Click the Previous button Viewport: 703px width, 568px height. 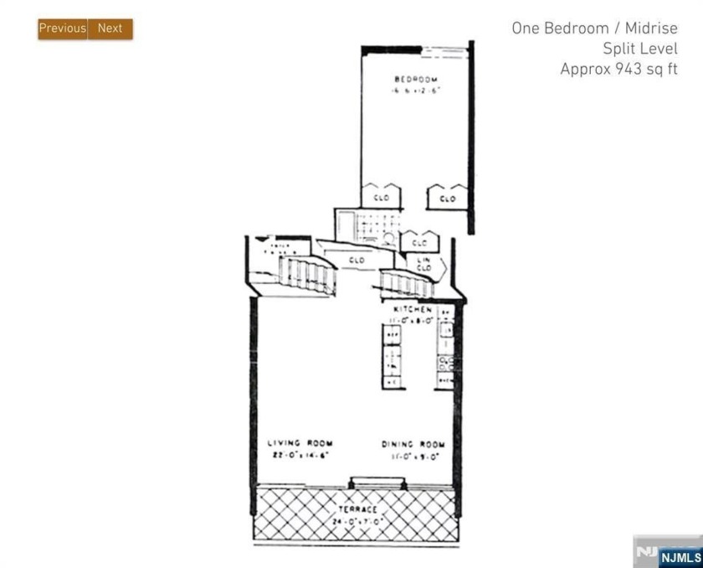[x=62, y=28]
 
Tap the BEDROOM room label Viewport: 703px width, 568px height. [x=412, y=80]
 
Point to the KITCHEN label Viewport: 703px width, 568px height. [x=412, y=308]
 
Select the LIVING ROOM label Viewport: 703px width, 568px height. [x=300, y=443]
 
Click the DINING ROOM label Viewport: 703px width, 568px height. [x=413, y=443]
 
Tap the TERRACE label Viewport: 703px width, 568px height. [x=357, y=509]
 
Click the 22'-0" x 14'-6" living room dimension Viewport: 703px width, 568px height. [x=300, y=455]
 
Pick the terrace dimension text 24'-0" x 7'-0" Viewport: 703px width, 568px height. [x=357, y=520]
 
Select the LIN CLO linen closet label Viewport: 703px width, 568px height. [x=423, y=264]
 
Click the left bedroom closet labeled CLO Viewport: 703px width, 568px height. [x=381, y=198]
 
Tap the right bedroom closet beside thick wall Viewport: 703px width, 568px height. [x=447, y=199]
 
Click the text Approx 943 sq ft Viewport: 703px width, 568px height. [x=618, y=70]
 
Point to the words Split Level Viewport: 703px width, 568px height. [x=640, y=49]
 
